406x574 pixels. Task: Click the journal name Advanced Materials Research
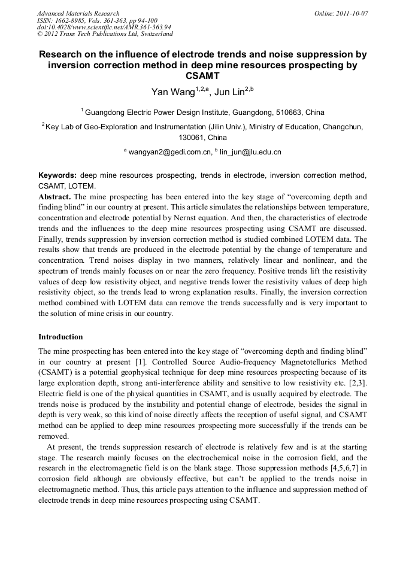pos(78,13)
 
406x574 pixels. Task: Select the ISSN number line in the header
pos(97,20)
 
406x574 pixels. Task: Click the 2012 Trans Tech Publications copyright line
pos(105,34)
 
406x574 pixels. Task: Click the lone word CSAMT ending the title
pos(203,76)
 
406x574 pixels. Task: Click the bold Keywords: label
pos(57,175)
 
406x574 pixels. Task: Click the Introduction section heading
pos(60,337)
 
